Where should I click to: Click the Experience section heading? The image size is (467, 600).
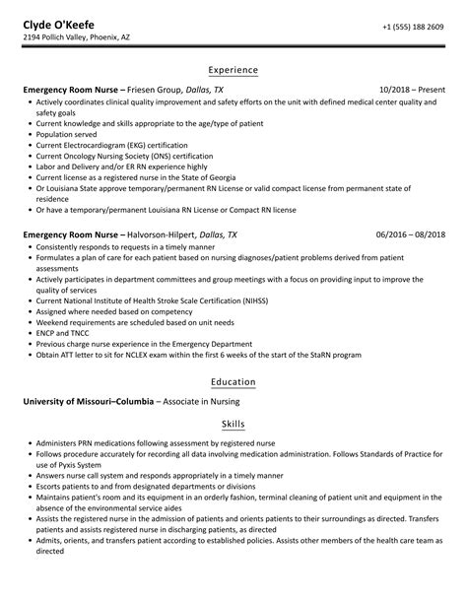(233, 70)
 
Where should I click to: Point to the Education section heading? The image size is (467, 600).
(233, 381)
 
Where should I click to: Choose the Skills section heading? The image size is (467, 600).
(233, 422)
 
